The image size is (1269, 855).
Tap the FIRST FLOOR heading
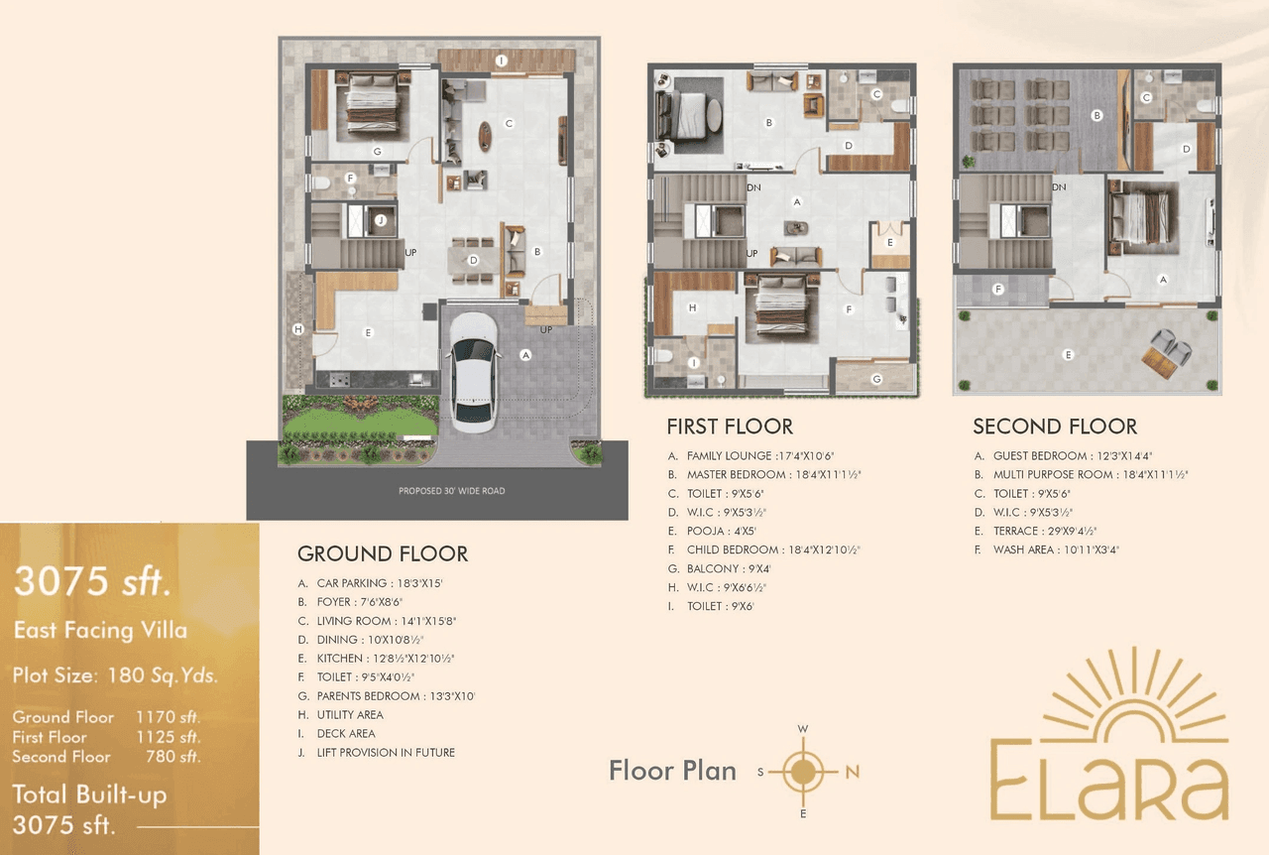(x=730, y=427)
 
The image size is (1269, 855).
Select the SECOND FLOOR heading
(x=1055, y=427)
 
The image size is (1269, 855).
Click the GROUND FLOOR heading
(x=383, y=553)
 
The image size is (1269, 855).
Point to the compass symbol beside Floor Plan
(x=804, y=772)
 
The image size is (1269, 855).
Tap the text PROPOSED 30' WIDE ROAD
(x=451, y=491)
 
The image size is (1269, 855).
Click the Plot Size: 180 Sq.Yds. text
(x=115, y=676)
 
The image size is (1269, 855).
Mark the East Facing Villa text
(x=100, y=630)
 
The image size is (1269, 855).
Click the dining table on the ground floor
(x=473, y=260)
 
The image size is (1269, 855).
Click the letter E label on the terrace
(x=1068, y=354)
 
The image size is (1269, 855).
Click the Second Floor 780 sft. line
(x=107, y=757)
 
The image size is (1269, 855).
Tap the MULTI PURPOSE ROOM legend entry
(x=1077, y=474)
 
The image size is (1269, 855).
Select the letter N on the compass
(x=852, y=773)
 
